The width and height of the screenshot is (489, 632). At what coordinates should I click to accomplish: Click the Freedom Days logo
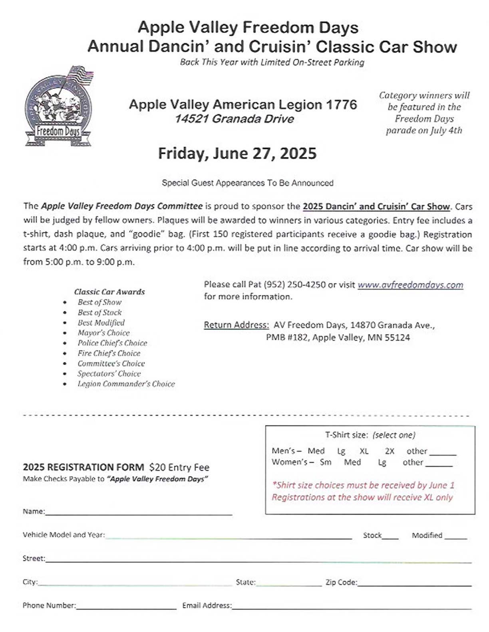click(58, 107)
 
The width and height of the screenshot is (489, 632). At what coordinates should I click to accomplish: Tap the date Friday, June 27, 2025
click(237, 154)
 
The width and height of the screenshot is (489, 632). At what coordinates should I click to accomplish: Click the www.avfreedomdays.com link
click(410, 285)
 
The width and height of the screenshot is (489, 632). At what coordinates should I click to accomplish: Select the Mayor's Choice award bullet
click(103, 333)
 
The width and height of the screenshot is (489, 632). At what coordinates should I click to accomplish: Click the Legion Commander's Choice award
click(126, 384)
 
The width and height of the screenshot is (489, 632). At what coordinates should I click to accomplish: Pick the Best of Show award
click(99, 302)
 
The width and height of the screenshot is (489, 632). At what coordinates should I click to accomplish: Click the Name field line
click(139, 513)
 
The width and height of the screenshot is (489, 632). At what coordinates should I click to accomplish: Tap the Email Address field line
click(352, 607)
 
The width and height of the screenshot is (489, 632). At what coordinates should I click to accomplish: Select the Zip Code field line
click(414, 584)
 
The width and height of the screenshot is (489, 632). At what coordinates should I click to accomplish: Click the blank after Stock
click(391, 537)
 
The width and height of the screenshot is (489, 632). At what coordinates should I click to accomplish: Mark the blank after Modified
click(455, 537)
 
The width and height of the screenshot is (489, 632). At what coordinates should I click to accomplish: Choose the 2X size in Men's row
click(390, 451)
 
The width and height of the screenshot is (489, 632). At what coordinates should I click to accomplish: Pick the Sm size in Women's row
click(326, 462)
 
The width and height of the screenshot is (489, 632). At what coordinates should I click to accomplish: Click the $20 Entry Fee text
click(179, 467)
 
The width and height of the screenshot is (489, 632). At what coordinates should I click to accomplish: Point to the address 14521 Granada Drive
click(234, 119)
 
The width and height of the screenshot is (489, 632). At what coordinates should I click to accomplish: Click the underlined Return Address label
click(236, 325)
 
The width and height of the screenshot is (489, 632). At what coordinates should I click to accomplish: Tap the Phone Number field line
click(126, 607)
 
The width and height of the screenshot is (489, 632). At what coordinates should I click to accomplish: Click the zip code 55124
click(396, 338)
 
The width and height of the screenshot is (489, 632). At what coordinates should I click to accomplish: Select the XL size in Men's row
click(364, 451)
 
